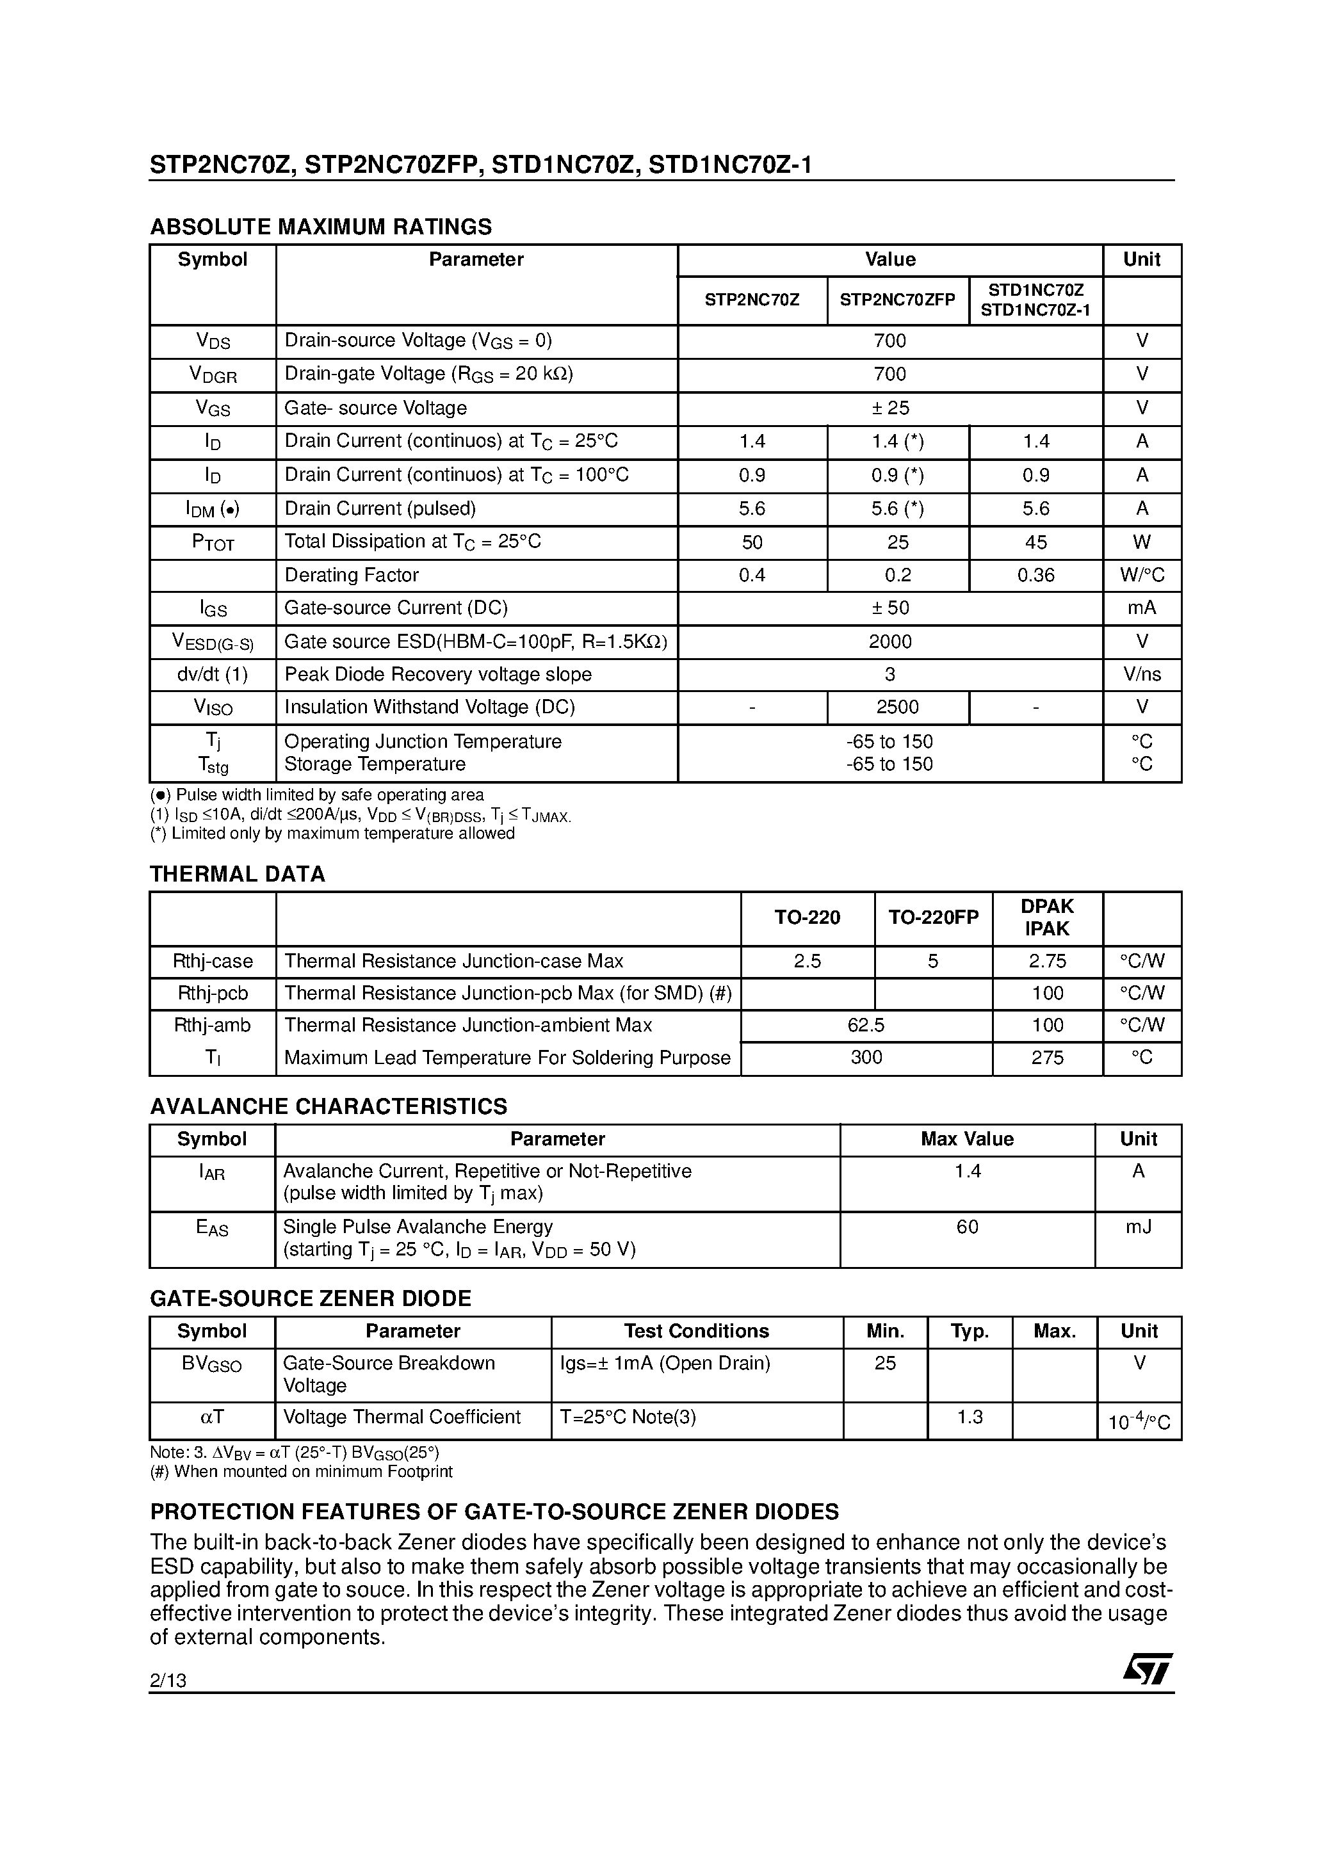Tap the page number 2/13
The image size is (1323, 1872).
(168, 1681)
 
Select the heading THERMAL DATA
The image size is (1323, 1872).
(238, 874)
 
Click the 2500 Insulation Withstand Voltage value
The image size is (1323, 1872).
(897, 707)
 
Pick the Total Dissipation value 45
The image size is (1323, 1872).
(1036, 542)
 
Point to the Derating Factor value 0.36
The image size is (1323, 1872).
(1036, 575)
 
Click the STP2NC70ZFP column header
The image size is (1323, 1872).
(897, 300)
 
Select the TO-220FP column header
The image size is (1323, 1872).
(933, 917)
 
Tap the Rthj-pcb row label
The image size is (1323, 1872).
(213, 993)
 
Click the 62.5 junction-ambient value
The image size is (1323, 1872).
(866, 1025)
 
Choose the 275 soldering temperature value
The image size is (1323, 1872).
(1047, 1058)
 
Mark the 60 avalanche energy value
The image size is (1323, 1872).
(968, 1227)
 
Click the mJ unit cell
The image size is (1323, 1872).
(1139, 1227)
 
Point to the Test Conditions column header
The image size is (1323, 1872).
(697, 1332)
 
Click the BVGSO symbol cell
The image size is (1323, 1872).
(212, 1364)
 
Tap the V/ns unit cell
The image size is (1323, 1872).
(1142, 674)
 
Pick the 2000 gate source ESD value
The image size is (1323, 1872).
(890, 641)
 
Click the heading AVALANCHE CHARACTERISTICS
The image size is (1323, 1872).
(329, 1106)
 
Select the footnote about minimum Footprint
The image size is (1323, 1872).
(301, 1472)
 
